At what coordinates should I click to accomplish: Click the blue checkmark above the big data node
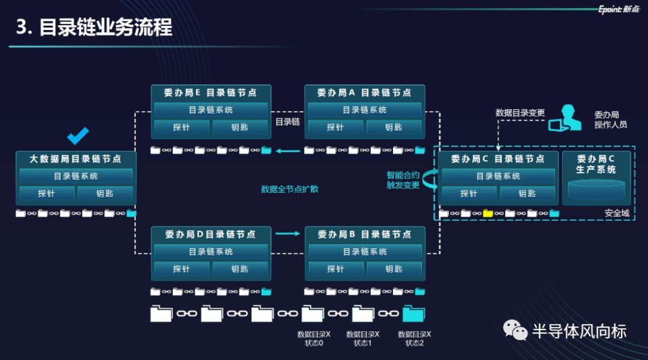[x=78, y=136]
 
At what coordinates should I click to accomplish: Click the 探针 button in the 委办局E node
[x=182, y=127]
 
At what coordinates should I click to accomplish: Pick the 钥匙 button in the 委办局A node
[x=394, y=127]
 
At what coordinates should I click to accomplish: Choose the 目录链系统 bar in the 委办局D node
[x=211, y=252]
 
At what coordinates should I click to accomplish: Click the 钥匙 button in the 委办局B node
[x=394, y=269]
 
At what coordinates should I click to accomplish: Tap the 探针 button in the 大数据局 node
[x=47, y=193]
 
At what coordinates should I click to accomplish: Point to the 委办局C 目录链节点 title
[x=497, y=159]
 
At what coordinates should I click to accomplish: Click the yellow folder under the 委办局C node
[x=488, y=213]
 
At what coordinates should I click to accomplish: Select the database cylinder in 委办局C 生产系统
[x=596, y=190]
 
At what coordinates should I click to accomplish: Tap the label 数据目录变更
[x=520, y=112]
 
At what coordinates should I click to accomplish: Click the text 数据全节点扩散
[x=290, y=189]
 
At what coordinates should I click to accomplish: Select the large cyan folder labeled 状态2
[x=414, y=314]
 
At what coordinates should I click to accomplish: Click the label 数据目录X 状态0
[x=313, y=338]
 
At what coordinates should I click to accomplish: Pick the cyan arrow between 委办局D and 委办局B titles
[x=287, y=233]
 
